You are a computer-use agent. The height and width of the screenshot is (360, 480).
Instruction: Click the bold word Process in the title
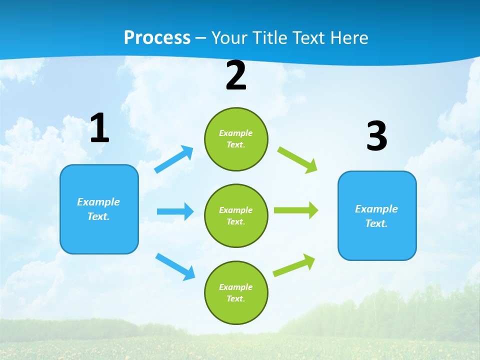click(x=157, y=37)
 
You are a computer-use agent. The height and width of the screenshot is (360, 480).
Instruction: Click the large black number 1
click(x=99, y=128)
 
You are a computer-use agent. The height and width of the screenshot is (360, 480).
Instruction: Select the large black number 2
click(x=236, y=75)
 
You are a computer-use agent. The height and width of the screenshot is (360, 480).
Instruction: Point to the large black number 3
click(x=376, y=136)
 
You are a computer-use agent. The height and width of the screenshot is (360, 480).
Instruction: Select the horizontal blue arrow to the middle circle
click(x=175, y=211)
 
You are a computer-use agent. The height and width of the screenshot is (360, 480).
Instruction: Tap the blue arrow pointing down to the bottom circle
click(x=175, y=266)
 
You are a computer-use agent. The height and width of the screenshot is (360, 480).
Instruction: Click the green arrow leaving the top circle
click(x=297, y=160)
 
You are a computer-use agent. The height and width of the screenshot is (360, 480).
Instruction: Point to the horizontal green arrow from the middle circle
click(x=295, y=210)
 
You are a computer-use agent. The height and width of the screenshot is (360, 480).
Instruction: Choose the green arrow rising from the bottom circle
click(x=294, y=265)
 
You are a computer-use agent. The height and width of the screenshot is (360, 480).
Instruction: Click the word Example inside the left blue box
click(x=98, y=202)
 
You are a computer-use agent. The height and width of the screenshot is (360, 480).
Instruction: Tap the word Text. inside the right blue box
click(x=376, y=223)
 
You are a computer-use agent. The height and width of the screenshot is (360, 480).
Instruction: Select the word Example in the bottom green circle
click(x=235, y=287)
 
